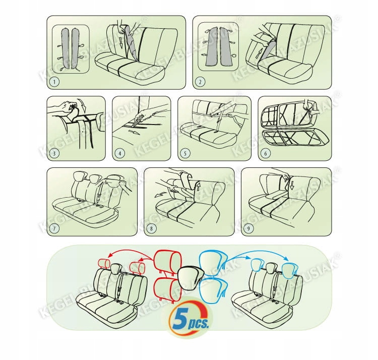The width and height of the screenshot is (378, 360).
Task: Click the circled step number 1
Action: pos(54,82)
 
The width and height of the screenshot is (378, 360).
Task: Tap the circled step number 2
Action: pos(200,82)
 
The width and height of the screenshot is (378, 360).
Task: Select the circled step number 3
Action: pos(54,153)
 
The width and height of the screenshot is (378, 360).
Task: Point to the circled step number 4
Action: pos(120,153)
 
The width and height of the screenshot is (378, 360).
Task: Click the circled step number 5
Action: pos(185,153)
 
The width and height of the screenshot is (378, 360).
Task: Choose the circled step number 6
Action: pos(266,153)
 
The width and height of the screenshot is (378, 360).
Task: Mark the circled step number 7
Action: pos(54,228)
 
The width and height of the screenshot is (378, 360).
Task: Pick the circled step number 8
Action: pos(151,228)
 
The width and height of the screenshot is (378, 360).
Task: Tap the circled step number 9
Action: pos(249,228)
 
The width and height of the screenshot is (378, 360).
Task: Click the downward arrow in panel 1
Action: pos(121,42)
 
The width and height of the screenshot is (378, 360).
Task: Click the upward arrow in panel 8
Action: pos(199,187)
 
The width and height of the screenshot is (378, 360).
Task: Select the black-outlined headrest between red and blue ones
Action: pos(191,276)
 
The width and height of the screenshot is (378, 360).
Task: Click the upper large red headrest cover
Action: pos(167,262)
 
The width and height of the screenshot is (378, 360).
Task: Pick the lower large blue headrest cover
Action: pos(214,290)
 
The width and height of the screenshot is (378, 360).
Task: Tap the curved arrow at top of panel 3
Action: pos(83,105)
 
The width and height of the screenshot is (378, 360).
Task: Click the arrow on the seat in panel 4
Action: pos(134,132)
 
